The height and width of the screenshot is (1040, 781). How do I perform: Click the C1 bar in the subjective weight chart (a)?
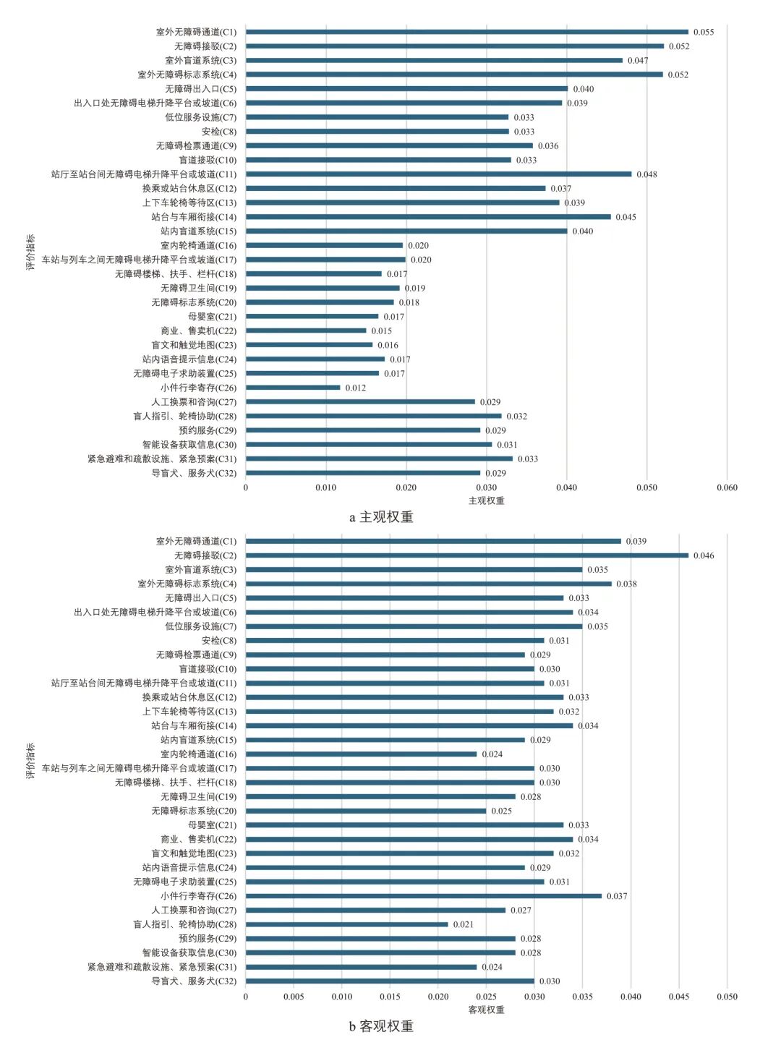click(x=466, y=32)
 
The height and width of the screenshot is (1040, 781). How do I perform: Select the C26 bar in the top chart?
click(x=293, y=388)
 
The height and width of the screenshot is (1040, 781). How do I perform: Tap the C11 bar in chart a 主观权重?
click(x=438, y=174)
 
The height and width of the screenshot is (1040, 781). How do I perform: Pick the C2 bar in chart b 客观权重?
click(x=466, y=555)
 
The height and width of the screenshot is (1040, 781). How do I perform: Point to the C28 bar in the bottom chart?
click(x=347, y=924)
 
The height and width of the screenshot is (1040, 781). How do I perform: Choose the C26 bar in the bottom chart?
click(x=423, y=896)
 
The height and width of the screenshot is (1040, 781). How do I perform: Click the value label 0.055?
click(x=703, y=32)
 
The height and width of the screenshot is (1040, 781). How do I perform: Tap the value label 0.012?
click(x=355, y=388)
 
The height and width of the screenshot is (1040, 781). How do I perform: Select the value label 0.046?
click(x=703, y=555)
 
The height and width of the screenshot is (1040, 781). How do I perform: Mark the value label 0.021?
click(x=463, y=924)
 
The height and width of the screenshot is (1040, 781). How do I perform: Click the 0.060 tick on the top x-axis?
click(x=727, y=487)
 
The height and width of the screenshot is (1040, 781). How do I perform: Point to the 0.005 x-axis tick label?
click(x=294, y=996)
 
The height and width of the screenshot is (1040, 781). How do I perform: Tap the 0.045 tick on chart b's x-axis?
click(x=678, y=996)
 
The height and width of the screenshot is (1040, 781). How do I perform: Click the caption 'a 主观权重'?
click(x=381, y=517)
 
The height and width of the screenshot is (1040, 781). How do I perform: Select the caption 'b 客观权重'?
click(x=381, y=1026)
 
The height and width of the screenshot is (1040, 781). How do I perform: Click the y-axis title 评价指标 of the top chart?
click(x=30, y=252)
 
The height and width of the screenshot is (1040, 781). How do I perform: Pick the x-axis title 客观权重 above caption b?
click(x=486, y=1010)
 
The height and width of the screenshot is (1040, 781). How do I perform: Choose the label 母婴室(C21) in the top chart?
click(x=212, y=317)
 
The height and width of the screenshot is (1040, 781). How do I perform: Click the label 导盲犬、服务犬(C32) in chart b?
click(x=193, y=981)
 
